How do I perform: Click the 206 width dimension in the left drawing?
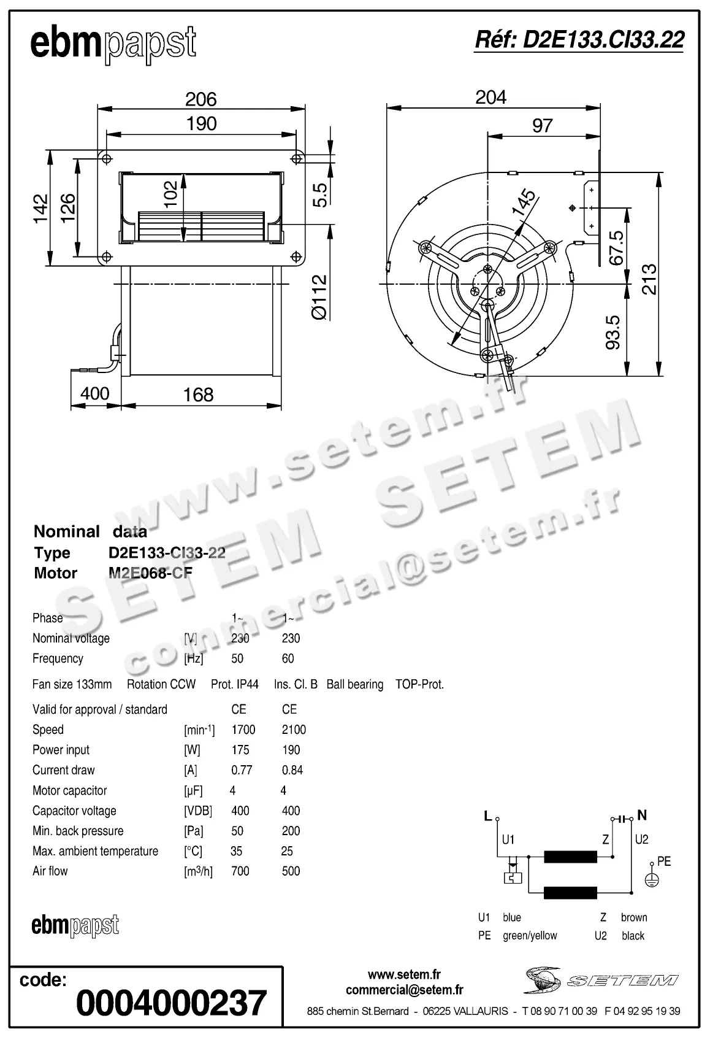[x=201, y=99]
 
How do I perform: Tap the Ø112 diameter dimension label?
[x=319, y=297]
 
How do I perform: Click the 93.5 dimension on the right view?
[x=613, y=332]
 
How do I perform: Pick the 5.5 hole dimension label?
[x=319, y=195]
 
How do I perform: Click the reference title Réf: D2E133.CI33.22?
[x=579, y=40]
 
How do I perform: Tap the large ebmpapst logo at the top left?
[x=113, y=44]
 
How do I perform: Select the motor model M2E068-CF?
[x=150, y=573]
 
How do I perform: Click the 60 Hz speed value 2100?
[x=294, y=730]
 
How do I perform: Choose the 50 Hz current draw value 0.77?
[x=242, y=770]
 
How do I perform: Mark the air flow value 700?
[x=240, y=871]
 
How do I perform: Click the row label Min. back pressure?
[x=78, y=831]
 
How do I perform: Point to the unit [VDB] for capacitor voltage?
[x=197, y=811]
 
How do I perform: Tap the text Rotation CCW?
[x=161, y=684]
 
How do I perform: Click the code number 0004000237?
[x=172, y=1003]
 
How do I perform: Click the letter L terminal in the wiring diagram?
[x=488, y=816]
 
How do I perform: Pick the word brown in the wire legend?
[x=633, y=917]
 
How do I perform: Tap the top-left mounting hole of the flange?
[x=107, y=159]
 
